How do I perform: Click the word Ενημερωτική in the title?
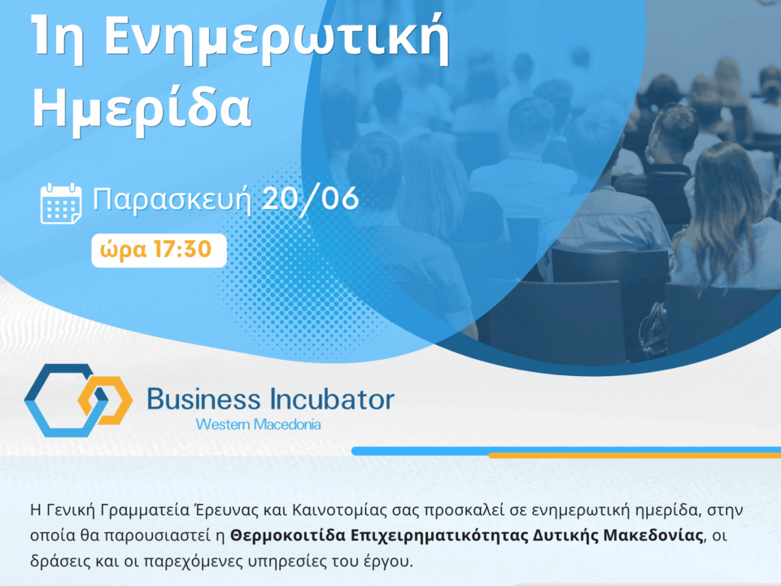(277, 37)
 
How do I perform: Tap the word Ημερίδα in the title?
(142, 108)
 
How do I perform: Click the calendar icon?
(61, 203)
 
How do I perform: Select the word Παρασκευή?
(172, 199)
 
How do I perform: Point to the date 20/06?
(310, 198)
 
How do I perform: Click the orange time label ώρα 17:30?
(156, 250)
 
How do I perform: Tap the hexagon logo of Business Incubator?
(78, 400)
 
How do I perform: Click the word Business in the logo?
(204, 399)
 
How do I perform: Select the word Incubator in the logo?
(332, 399)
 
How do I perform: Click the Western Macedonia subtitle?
(258, 425)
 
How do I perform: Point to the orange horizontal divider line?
(635, 456)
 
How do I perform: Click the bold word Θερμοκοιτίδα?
(288, 536)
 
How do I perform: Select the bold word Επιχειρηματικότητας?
(438, 536)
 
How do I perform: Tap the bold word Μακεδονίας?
(653, 536)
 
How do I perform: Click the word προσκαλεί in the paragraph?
(463, 511)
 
